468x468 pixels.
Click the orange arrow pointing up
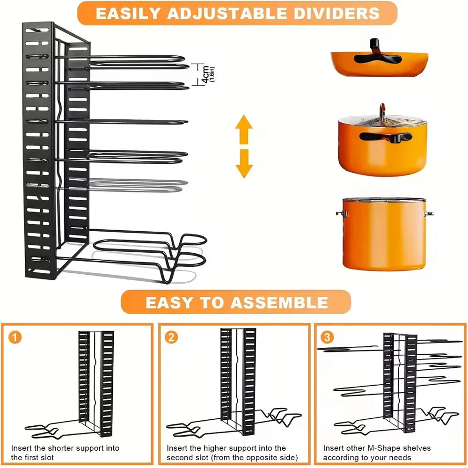pos(244,129)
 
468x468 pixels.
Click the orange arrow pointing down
pos(244,164)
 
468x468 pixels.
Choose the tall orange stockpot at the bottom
pos(384,234)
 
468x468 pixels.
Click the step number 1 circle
pos(15,337)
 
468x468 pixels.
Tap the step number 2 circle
pos(171,337)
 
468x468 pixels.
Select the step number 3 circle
pos(327,337)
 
